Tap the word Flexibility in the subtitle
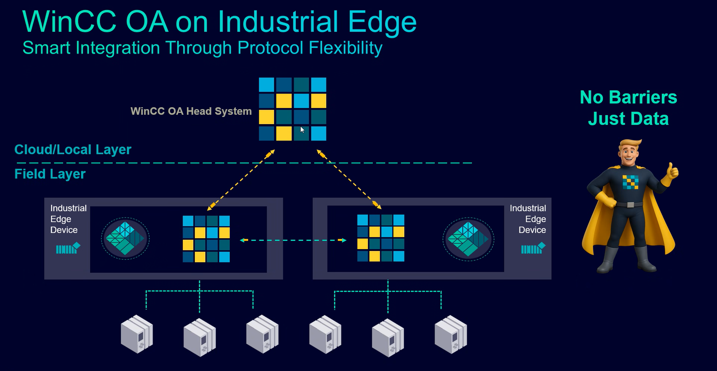coord(345,48)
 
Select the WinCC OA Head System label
coord(191,111)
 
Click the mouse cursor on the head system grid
coord(302,130)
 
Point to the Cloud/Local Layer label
coord(73,150)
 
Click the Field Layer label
coord(50,174)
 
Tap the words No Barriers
coord(628,97)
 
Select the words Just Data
coord(628,119)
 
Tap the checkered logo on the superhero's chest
coord(630,182)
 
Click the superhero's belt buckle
coord(630,205)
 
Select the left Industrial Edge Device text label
coord(68,219)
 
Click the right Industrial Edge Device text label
coord(528,219)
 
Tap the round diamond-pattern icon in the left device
coord(125,239)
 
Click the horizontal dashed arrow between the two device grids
coord(293,240)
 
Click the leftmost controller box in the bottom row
coord(137,334)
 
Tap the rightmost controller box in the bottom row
coord(451,334)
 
